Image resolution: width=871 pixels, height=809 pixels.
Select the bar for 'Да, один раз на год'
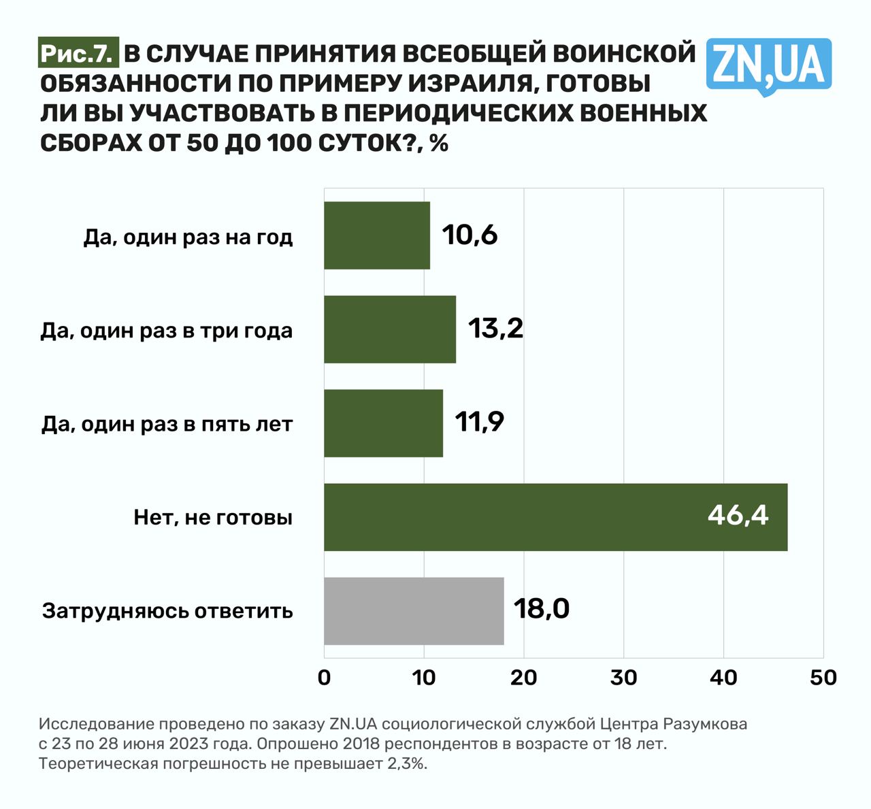(x=376, y=235)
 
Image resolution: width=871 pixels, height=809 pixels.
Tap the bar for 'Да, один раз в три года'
(x=389, y=329)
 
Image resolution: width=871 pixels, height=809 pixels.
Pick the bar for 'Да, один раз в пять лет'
(x=383, y=423)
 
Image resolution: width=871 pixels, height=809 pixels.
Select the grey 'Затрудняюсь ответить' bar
(x=414, y=611)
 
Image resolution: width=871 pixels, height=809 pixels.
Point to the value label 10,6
(x=470, y=235)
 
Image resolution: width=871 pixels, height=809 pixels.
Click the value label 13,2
(x=495, y=329)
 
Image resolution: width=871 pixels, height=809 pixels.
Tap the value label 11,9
(x=479, y=423)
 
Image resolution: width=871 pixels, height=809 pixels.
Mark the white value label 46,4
(x=738, y=516)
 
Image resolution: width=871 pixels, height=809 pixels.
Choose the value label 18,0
(x=541, y=609)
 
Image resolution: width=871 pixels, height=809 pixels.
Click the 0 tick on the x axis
(x=324, y=678)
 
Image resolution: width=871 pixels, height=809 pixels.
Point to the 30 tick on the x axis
(x=623, y=678)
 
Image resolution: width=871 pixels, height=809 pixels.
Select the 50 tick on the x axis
(x=823, y=678)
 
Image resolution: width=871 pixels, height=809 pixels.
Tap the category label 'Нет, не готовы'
(x=213, y=518)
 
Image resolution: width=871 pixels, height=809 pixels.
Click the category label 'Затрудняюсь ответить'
(x=167, y=611)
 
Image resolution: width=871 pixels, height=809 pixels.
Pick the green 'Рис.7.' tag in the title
(x=77, y=54)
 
